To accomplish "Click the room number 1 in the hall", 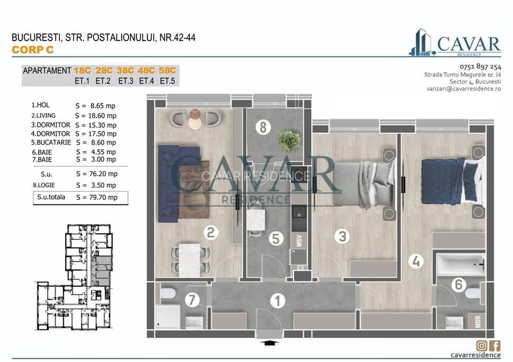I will tap(277, 300).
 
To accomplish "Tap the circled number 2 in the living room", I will tap(210, 233).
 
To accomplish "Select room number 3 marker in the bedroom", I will tap(342, 236).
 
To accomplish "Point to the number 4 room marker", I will tap(416, 262).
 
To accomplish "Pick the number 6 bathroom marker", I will tap(459, 284).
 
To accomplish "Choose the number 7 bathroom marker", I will tap(191, 299).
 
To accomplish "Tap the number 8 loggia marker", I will tap(262, 127).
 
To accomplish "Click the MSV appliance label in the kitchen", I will tap(299, 240).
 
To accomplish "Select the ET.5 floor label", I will tap(167, 81).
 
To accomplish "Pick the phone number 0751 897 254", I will tap(480, 67).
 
